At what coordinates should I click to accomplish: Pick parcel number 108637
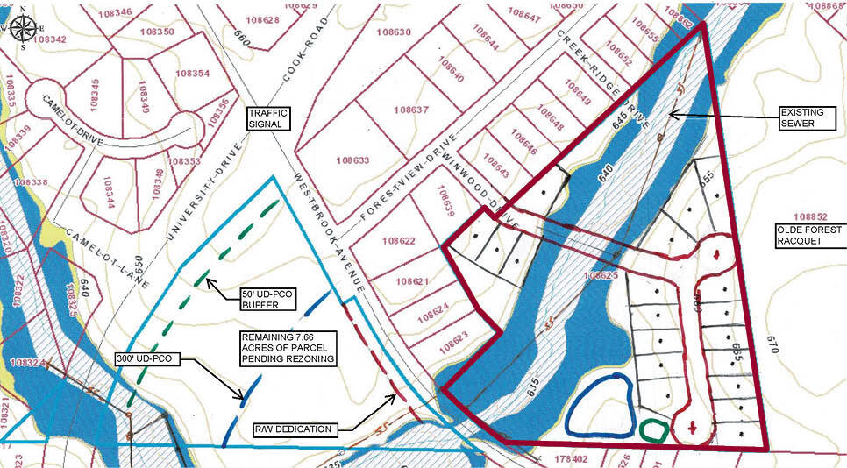410,110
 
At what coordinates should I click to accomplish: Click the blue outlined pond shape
598,406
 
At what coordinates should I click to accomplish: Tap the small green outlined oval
653,430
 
